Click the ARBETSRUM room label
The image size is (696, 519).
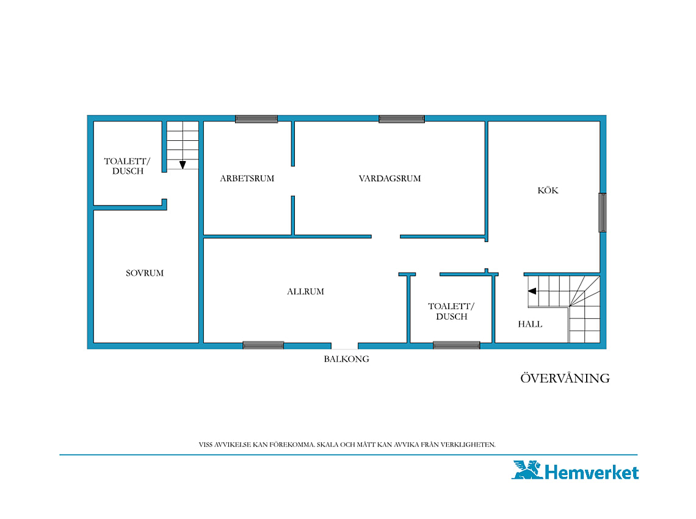point(247,178)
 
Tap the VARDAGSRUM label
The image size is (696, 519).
point(390,178)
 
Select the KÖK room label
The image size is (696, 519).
point(548,190)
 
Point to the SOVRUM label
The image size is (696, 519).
point(145,273)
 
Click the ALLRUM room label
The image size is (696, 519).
point(305,292)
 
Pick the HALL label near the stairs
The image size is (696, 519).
point(530,324)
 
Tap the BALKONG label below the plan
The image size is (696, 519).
point(346,359)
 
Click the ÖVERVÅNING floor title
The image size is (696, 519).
point(565,378)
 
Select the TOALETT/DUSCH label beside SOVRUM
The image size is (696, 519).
point(128,166)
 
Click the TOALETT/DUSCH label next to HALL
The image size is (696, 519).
point(451,311)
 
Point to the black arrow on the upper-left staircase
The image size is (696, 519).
point(183,165)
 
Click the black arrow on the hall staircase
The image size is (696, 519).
point(532,291)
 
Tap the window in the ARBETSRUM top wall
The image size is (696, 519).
point(256,119)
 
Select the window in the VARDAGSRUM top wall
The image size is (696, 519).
point(402,119)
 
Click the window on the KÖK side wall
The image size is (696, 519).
point(603,212)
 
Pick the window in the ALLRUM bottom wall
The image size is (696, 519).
point(263,345)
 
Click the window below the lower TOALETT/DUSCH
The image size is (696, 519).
point(456,345)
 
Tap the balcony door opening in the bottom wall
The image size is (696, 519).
point(344,346)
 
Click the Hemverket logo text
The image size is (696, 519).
point(592,473)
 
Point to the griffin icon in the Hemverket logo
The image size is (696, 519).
point(527,470)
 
